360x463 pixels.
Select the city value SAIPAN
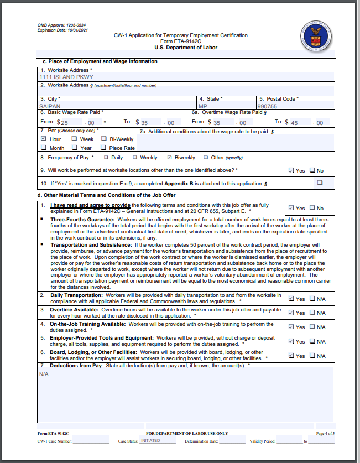(50, 106)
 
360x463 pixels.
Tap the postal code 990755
(268, 106)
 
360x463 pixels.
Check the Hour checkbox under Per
(44, 139)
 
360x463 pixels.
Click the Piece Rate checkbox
(104, 148)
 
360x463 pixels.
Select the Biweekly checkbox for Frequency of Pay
(170, 158)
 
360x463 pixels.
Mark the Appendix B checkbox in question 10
(320, 183)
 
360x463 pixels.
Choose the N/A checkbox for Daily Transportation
(312, 298)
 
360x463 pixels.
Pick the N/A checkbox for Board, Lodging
(312, 356)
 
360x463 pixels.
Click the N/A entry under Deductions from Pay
(44, 374)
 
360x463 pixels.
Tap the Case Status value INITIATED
(150, 441)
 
